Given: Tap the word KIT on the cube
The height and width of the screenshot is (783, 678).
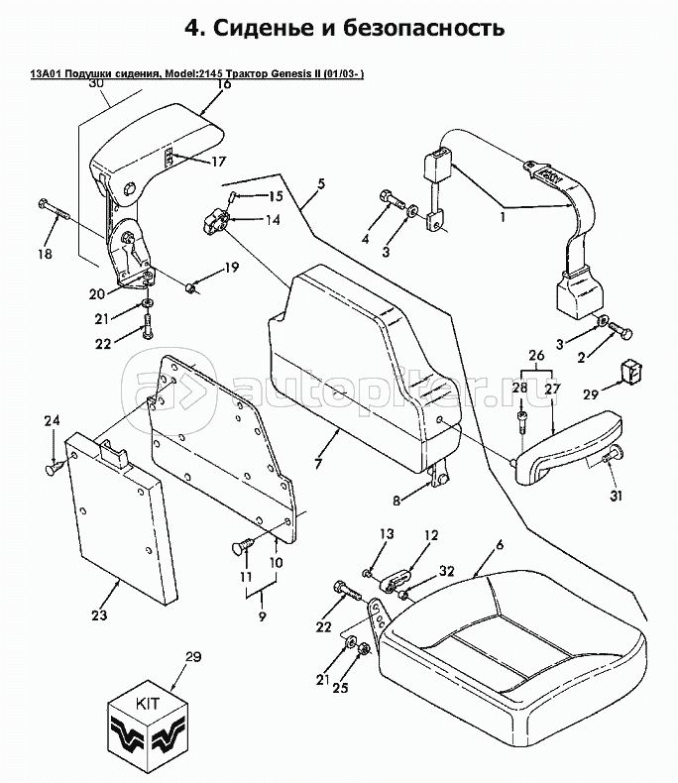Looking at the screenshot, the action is (149, 704).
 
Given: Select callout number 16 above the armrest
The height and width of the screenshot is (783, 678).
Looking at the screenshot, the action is (225, 84).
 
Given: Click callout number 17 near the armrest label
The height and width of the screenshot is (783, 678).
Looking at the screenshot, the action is (219, 162).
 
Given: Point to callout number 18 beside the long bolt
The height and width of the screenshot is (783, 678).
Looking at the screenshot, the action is (45, 254).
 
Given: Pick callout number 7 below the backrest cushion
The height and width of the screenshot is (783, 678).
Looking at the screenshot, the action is (318, 463).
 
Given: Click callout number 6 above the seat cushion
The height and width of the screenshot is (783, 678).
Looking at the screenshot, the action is (499, 544).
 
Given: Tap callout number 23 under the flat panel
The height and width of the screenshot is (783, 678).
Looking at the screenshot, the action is (99, 615).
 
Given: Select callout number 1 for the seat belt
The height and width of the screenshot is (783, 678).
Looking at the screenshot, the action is (503, 218).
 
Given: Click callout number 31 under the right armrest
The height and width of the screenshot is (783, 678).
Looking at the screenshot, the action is (617, 496).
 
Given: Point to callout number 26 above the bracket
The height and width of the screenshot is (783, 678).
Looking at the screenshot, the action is (536, 356).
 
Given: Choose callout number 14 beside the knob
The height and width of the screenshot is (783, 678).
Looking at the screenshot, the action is (273, 220).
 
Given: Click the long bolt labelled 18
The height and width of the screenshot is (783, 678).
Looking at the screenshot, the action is (55, 211).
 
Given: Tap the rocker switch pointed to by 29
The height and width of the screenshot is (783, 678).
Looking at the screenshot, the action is (633, 373).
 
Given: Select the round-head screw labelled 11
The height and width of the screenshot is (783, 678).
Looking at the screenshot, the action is (243, 545).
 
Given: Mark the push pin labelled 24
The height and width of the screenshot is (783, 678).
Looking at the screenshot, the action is (55, 468).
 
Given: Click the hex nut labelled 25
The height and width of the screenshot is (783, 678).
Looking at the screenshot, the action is (365, 649).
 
